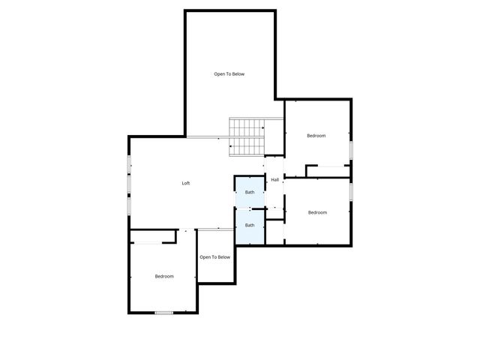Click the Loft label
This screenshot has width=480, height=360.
coord(186,184)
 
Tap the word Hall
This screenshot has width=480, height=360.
coord(275,180)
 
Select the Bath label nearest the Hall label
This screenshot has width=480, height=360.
coord(250,193)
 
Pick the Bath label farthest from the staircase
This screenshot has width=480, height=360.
coord(250,225)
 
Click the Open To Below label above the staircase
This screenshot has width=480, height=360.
coord(229,74)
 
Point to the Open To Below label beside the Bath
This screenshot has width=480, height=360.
coord(215,257)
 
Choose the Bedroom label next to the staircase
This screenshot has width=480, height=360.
coord(316,136)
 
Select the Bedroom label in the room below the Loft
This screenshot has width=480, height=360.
coord(164,277)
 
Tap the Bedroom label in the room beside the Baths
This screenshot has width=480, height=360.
coord(317,212)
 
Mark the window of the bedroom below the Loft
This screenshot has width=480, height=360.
coord(164,313)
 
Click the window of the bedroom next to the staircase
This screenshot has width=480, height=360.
coord(351,150)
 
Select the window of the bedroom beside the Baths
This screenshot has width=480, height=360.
coord(351,192)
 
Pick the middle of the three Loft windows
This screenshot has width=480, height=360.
coord(129,183)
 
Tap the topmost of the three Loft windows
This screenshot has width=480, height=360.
coord(129,164)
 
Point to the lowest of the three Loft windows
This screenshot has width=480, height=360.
coord(129,203)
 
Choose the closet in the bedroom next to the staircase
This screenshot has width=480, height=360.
coord(328,172)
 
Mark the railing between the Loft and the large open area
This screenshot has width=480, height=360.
coord(207,136)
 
